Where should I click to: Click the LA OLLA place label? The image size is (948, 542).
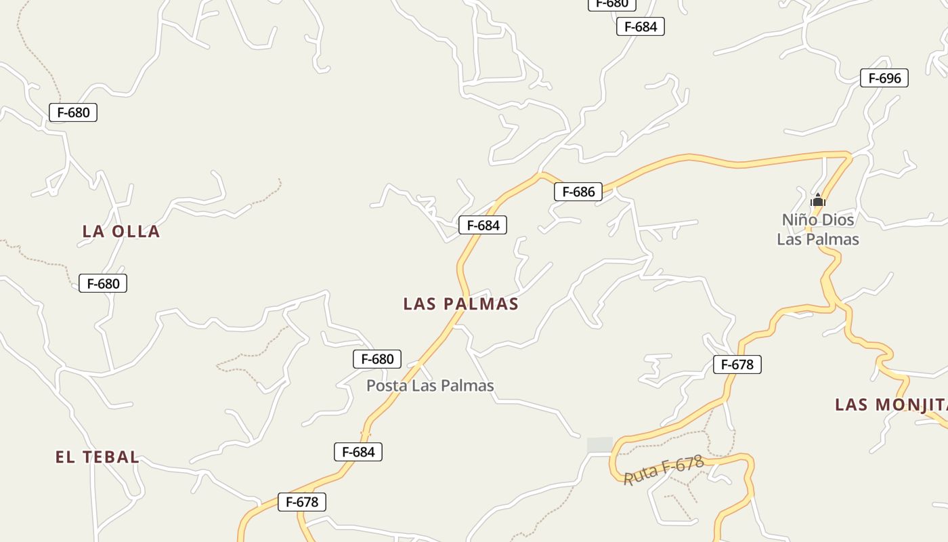click(121, 232)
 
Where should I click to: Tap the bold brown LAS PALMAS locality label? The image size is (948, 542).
click(460, 304)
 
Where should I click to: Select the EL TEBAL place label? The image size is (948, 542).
click(98, 457)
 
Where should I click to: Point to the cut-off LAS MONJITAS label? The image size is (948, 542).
click(891, 405)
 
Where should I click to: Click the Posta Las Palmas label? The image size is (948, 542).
click(430, 385)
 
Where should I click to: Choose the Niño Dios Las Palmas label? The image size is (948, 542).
click(818, 229)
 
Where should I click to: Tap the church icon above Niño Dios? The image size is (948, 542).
click(818, 200)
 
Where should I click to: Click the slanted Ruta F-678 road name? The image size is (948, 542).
click(663, 470)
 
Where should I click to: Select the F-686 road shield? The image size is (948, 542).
click(578, 192)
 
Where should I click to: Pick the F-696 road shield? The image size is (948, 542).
click(884, 78)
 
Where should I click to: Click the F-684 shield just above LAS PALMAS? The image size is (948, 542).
click(483, 225)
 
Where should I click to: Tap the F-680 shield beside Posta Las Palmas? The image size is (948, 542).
click(377, 359)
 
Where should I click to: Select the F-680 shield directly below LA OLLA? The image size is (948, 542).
click(103, 283)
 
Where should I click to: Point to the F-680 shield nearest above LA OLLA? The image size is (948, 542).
click(73, 112)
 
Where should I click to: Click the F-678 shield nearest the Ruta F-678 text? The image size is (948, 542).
click(737, 364)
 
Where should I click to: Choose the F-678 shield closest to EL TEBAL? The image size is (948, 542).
click(302, 502)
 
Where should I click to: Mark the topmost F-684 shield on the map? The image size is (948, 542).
click(641, 26)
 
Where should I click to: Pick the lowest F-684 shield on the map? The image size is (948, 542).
click(358, 452)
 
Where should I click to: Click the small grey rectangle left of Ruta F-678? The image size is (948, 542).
click(600, 445)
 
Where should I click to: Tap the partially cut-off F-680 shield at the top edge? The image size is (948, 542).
click(612, 4)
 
